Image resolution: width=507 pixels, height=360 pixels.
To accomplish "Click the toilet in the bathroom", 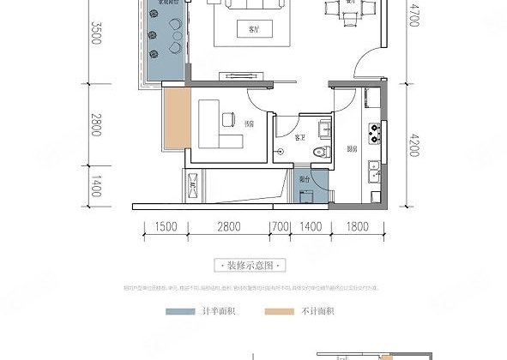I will click(x=321, y=152).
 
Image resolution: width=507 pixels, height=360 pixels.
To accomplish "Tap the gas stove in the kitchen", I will click(x=375, y=132).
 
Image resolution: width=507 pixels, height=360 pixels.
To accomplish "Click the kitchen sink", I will click(x=375, y=177).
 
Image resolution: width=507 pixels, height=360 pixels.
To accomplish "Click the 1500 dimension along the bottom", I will click(x=166, y=227).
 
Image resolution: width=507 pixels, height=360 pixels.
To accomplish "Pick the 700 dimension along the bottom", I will click(x=279, y=227).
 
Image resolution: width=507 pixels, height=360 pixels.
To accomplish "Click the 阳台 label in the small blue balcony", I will click(x=305, y=181).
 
